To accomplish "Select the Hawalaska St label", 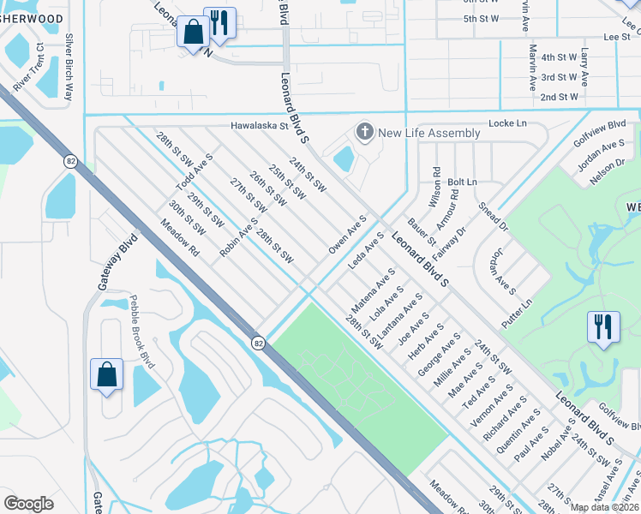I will pos(261,125).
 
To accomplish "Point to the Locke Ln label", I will pos(506,123).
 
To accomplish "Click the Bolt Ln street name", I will pos(462,182).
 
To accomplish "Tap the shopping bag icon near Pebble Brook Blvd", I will pos(106,375).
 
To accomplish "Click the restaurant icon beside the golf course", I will pos(603,326).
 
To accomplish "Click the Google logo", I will pos(28,504).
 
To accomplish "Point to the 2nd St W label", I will pos(559,97).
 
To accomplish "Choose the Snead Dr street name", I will pos(494,217).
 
